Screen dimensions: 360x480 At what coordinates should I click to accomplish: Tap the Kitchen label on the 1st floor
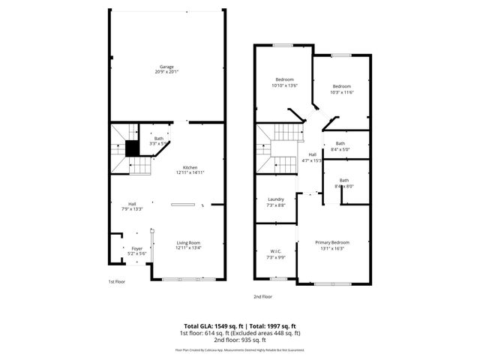(190, 169)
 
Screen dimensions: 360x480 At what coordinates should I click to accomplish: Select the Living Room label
(189, 245)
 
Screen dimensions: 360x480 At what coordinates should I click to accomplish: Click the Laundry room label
(275, 202)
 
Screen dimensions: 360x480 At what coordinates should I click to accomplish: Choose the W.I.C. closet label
(275, 253)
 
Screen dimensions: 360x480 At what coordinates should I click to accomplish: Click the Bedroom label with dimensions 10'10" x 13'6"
(283, 82)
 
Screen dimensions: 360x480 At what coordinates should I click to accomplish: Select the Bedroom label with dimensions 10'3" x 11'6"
(342, 89)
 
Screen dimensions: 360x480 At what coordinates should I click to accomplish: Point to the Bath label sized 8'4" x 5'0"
(340, 146)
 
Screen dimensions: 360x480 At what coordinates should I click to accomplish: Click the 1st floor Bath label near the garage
(159, 141)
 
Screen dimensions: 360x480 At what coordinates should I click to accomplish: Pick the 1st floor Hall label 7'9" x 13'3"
(132, 206)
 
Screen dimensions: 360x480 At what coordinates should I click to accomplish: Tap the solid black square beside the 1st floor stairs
(131, 148)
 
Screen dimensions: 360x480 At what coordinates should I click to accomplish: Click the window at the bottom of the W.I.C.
(278, 279)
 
